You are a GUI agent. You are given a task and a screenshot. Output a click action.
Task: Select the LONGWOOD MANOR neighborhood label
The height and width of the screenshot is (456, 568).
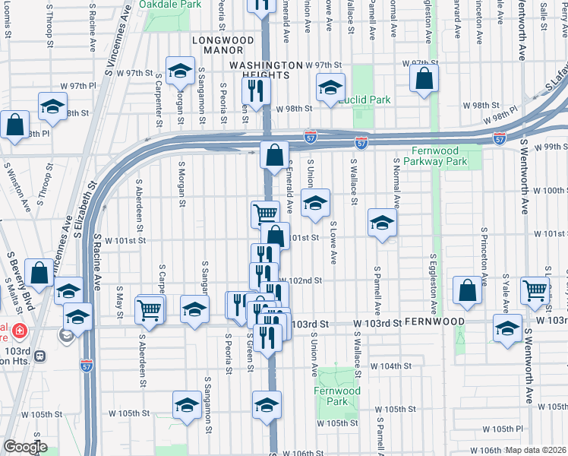point(222,40)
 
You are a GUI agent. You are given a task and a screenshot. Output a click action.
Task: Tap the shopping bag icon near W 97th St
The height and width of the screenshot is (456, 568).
point(424,78)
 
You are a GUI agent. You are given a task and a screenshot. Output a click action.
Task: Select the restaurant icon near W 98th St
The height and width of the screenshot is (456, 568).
point(255,91)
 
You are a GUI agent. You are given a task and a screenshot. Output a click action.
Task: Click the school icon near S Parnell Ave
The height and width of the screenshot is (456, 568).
point(382,223)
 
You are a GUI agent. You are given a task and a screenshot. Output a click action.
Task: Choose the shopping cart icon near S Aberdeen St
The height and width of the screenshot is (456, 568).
point(150,309)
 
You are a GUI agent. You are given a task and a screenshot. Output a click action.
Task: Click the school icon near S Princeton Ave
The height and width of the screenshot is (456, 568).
point(507,328)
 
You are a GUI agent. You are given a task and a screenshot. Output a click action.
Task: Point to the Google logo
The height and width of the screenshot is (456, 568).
point(24,447)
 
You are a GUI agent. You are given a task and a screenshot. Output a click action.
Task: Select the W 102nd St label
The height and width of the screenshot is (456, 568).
point(306,280)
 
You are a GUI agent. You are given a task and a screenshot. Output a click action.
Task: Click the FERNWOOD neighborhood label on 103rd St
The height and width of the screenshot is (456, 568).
point(434,322)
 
